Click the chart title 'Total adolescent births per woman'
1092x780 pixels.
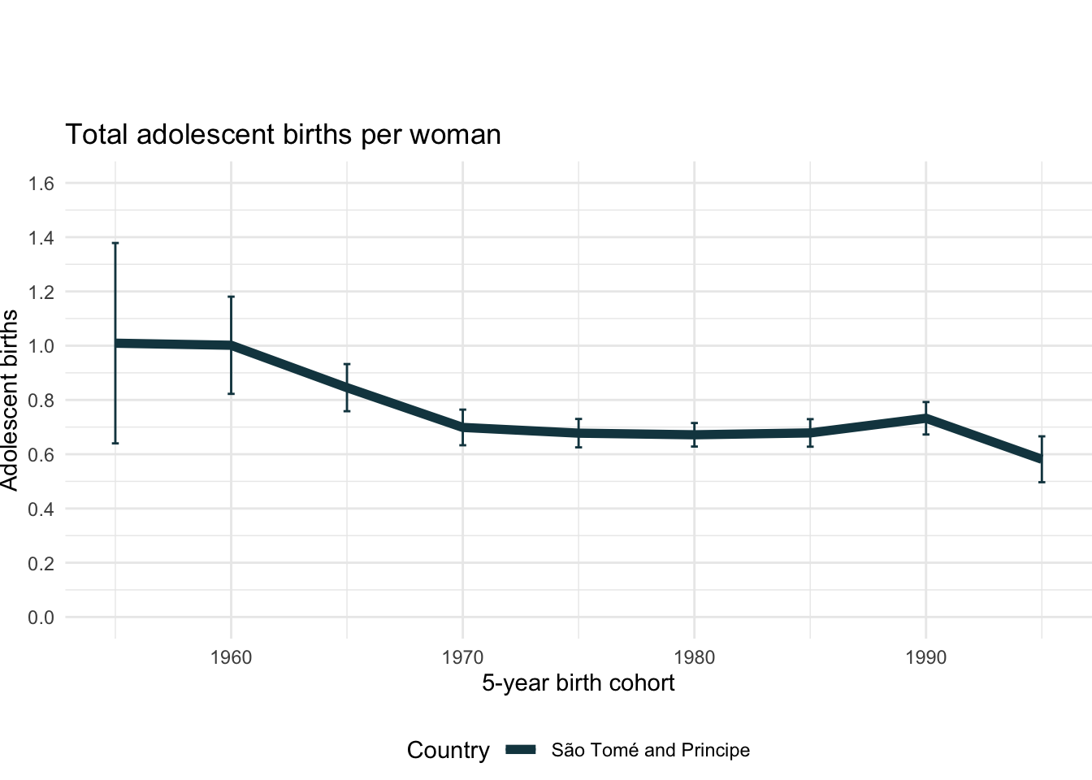(x=283, y=134)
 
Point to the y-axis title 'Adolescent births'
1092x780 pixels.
(x=10, y=400)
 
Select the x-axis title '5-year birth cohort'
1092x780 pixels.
(x=578, y=683)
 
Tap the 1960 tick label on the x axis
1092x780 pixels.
(x=231, y=657)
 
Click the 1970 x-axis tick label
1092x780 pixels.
(x=462, y=657)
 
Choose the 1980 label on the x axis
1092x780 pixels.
(x=694, y=657)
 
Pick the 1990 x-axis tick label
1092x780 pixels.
(x=925, y=657)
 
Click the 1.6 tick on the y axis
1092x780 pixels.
(x=41, y=184)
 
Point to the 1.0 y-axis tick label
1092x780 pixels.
(x=41, y=346)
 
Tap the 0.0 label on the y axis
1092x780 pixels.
(x=41, y=617)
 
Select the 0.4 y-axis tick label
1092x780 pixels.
(x=41, y=509)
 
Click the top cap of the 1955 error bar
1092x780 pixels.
(x=115, y=243)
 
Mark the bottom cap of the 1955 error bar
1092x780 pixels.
(x=115, y=443)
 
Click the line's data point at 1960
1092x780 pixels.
(x=231, y=345)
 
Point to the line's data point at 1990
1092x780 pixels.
(x=925, y=418)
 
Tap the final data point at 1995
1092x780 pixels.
(x=1042, y=460)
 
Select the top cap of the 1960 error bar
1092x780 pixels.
(x=231, y=297)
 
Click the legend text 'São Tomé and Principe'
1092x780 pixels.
(x=650, y=751)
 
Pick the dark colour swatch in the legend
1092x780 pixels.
(x=521, y=751)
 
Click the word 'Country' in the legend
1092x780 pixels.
(x=448, y=751)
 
